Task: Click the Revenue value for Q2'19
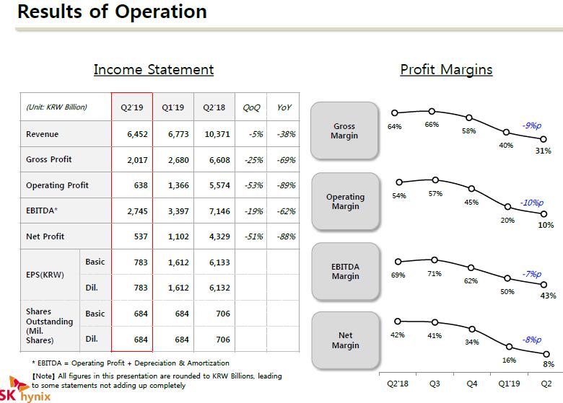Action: pyautogui.click(x=137, y=134)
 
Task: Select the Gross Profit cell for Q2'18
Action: pyautogui.click(x=219, y=160)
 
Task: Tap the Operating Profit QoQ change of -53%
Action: pyautogui.click(x=254, y=185)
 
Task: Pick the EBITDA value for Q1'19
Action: pyautogui.click(x=178, y=211)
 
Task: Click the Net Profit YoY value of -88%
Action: pyautogui.click(x=286, y=236)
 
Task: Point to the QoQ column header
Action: pyautogui.click(x=251, y=107)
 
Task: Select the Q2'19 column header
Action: pyautogui.click(x=132, y=107)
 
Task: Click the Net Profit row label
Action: pyautogui.click(x=45, y=236)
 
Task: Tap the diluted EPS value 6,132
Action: pyautogui.click(x=219, y=288)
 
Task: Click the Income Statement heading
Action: pyautogui.click(x=154, y=69)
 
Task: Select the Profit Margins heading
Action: pyautogui.click(x=446, y=69)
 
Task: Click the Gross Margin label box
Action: pyautogui.click(x=344, y=130)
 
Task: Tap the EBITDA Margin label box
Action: pyautogui.click(x=346, y=271)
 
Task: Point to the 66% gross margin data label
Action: pyautogui.click(x=432, y=125)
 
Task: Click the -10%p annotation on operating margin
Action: pyautogui.click(x=532, y=203)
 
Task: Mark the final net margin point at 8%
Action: pyautogui.click(x=546, y=354)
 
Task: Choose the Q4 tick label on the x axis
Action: pyautogui.click(x=472, y=384)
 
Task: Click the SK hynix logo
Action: pyautogui.click(x=25, y=389)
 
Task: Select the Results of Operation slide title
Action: pyautogui.click(x=112, y=12)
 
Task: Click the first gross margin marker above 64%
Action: pyautogui.click(x=395, y=112)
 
